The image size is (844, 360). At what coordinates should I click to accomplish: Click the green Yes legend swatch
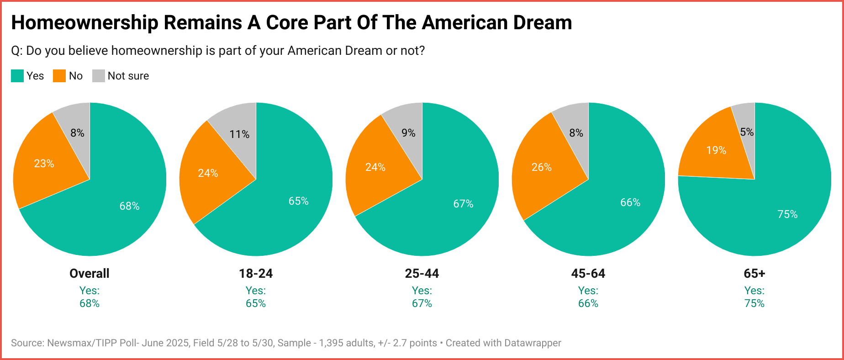coord(17,76)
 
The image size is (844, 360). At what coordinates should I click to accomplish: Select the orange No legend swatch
coord(59,76)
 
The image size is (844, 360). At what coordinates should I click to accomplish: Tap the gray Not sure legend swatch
coord(99,76)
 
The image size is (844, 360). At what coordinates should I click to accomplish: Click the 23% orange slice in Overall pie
coord(44,163)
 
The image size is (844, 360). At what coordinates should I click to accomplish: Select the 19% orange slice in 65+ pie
coord(715,150)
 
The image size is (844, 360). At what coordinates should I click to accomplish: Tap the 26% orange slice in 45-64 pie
coord(541,167)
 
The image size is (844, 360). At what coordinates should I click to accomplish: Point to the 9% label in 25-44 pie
coord(408,133)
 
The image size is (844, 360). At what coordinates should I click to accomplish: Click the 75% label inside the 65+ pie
coord(787,214)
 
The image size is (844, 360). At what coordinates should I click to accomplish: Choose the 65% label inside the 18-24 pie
coord(298,201)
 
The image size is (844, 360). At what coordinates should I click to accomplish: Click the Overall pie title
coord(90,274)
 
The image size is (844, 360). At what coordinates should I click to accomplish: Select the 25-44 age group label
coord(422,274)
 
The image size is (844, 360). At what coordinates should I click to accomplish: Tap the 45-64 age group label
coord(588,274)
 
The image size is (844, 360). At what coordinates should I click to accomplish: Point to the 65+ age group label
coord(754,274)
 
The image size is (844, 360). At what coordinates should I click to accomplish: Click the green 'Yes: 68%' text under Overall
coord(90,297)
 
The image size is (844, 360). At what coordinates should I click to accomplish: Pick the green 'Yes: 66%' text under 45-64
coord(588,297)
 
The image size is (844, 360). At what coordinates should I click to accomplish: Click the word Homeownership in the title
coord(84,23)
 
